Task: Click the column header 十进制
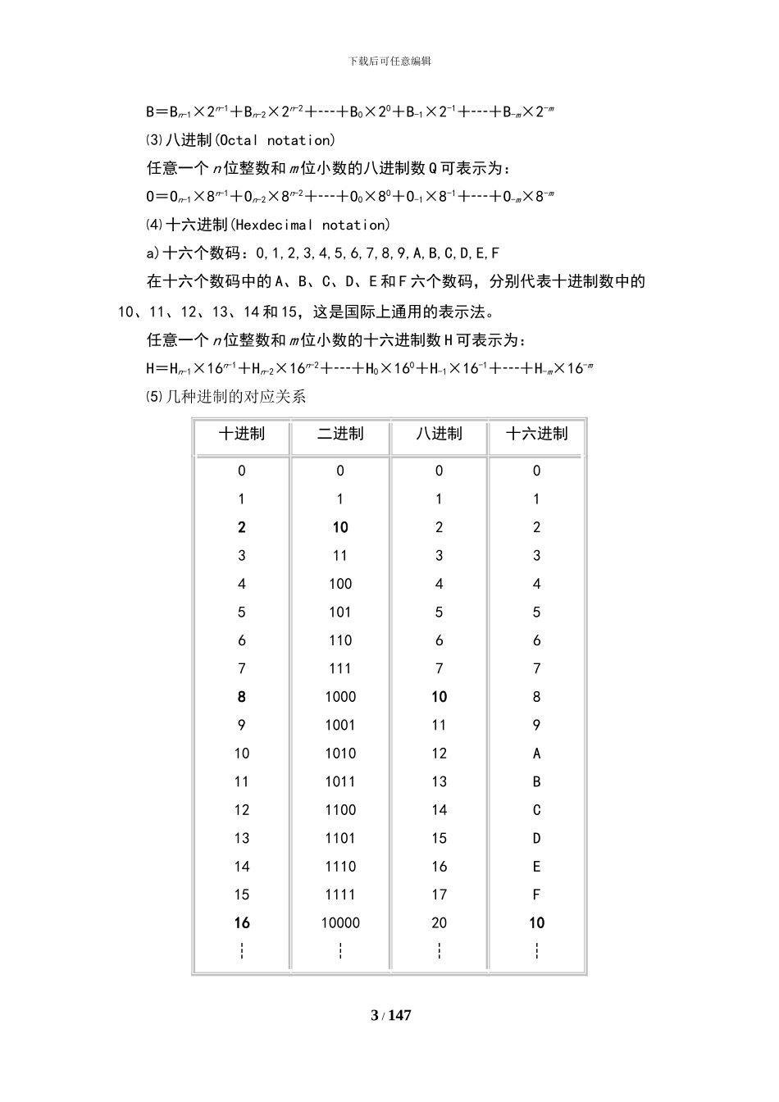pyautogui.click(x=241, y=434)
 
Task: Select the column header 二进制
pyautogui.click(x=340, y=434)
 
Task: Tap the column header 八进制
pyautogui.click(x=439, y=434)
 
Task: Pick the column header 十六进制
pyautogui.click(x=537, y=434)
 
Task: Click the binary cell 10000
pyautogui.click(x=340, y=923)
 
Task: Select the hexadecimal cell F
pyautogui.click(x=537, y=895)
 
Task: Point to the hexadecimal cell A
pyautogui.click(x=537, y=754)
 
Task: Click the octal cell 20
pyautogui.click(x=439, y=923)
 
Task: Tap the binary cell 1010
pyautogui.click(x=340, y=754)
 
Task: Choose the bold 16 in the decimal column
pyautogui.click(x=241, y=923)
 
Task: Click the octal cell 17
pyautogui.click(x=439, y=895)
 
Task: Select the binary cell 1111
pyautogui.click(x=340, y=895)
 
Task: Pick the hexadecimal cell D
pyautogui.click(x=537, y=838)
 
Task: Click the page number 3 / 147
pyautogui.click(x=391, y=1016)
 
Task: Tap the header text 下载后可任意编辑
pyautogui.click(x=390, y=61)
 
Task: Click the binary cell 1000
pyautogui.click(x=340, y=697)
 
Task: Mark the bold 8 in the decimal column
pyautogui.click(x=241, y=697)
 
